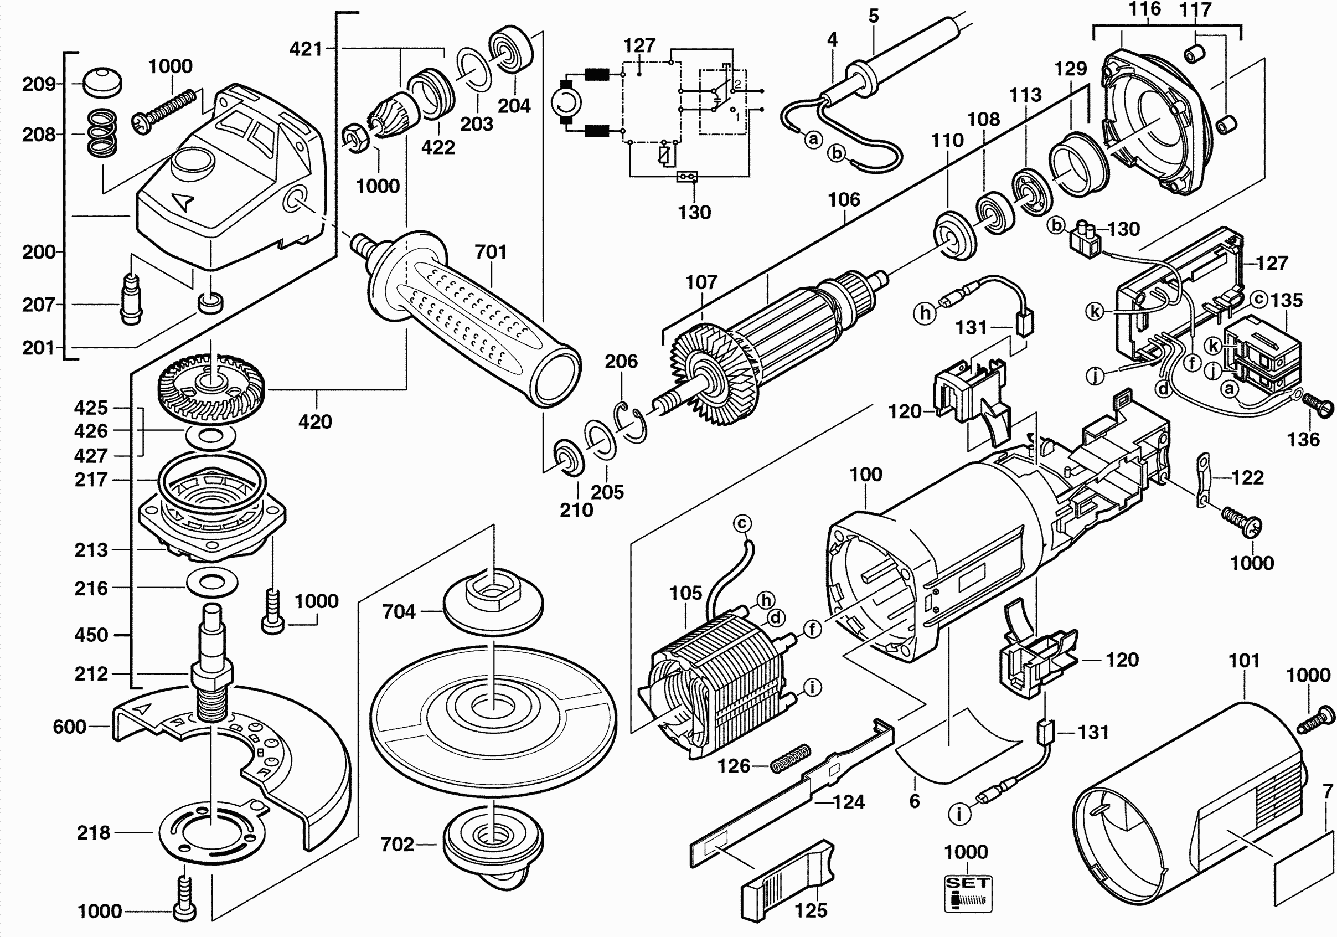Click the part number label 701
click(491, 252)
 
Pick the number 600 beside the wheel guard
click(69, 727)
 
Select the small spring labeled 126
click(790, 759)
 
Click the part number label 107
click(701, 282)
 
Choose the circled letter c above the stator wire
click(742, 523)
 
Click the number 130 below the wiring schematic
click(694, 213)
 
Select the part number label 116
click(1144, 9)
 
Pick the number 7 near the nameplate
click(1328, 791)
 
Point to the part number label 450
click(91, 635)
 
